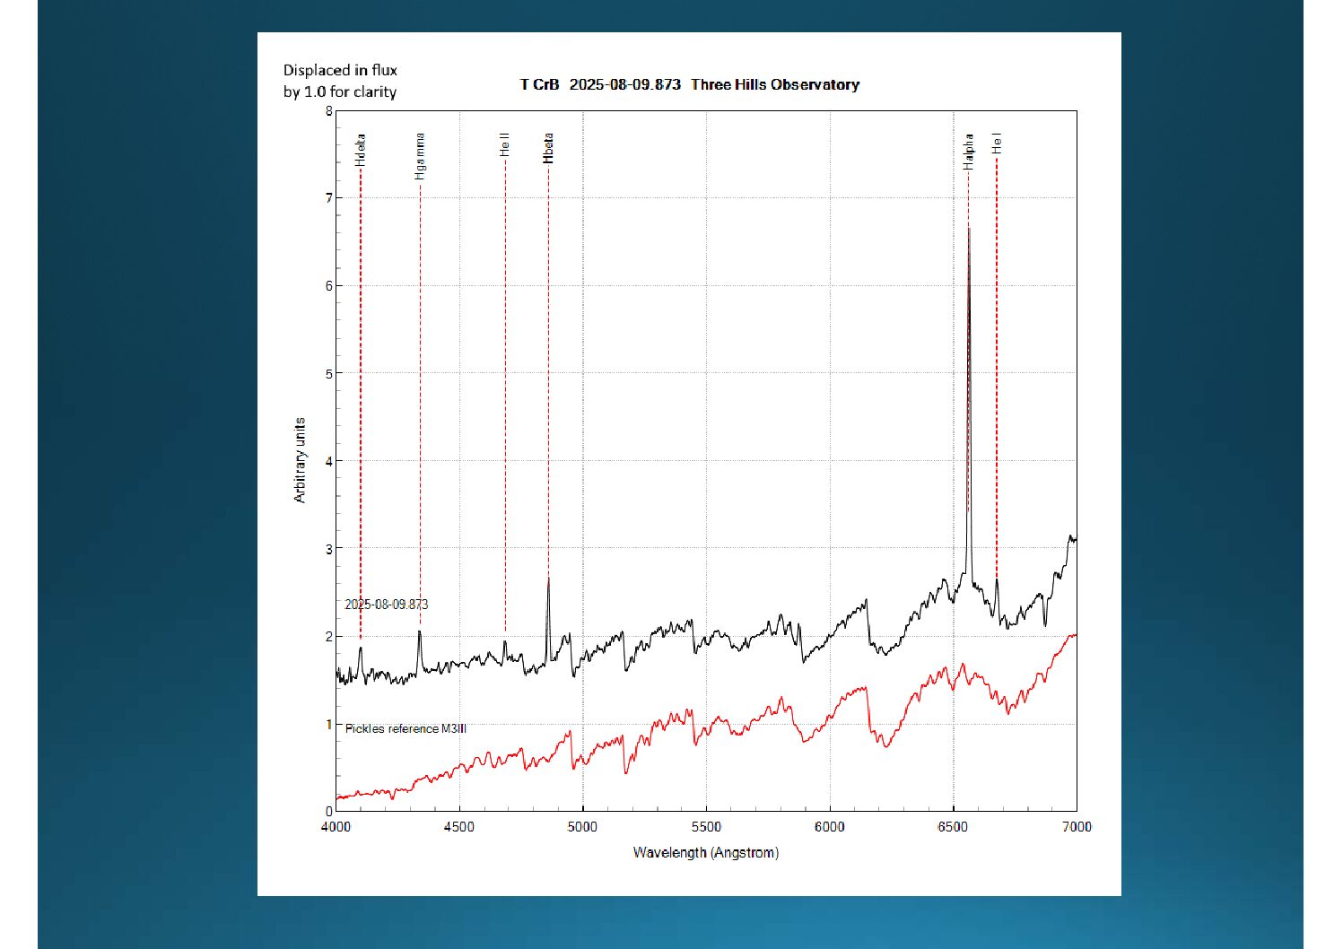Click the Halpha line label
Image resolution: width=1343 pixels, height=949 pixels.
968,152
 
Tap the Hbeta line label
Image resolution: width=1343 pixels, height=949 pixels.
548,148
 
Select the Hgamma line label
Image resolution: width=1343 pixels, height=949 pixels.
420,156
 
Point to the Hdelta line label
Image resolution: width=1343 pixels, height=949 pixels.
360,150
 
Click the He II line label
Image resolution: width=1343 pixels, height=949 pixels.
505,145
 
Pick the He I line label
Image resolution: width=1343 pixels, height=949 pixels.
997,144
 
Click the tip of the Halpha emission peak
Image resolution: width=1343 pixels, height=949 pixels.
969,228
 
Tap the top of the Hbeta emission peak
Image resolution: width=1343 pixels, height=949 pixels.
548,578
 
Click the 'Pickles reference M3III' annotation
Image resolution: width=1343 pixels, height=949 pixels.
406,729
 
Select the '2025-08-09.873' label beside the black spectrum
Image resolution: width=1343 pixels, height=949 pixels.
386,605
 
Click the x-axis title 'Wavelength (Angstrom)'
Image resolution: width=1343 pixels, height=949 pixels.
706,852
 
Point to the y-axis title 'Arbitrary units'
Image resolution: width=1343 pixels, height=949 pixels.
299,460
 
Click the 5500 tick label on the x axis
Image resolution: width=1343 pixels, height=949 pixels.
706,827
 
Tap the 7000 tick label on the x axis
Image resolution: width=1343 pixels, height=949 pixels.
1077,827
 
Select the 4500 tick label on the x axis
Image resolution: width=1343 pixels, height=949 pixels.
459,827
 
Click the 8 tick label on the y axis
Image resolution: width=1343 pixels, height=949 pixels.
328,111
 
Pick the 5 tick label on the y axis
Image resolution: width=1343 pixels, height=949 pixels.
328,374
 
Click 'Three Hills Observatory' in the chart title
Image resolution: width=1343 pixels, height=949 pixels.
775,84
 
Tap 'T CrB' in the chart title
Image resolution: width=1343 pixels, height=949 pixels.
539,84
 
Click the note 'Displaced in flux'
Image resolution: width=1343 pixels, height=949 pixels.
340,70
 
